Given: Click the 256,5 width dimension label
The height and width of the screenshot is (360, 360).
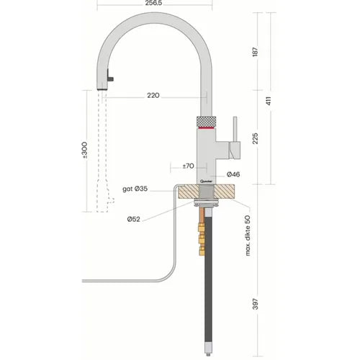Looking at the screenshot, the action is pos(153,3).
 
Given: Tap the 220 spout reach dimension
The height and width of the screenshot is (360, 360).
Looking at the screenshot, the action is pos(153,95).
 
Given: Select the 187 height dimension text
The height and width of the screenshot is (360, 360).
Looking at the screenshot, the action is pos(256,52).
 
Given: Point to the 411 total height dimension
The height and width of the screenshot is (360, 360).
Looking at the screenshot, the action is pos(269,101).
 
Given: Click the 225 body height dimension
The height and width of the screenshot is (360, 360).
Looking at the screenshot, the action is pos(256,138).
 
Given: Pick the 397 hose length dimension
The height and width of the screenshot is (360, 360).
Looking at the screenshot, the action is pos(256,304).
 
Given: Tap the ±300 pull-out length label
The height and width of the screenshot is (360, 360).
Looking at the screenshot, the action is pos(84,150).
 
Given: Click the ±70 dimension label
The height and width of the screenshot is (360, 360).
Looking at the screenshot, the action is pos(188,166).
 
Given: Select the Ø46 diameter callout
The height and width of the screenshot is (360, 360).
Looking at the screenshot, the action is pos(233,174).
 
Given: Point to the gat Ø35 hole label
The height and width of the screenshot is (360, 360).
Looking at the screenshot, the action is pos(135,189).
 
